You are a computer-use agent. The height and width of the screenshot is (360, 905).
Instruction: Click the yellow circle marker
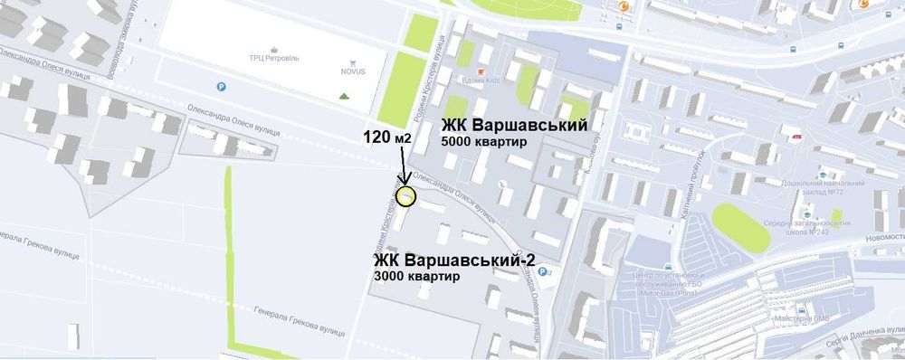point(406,196)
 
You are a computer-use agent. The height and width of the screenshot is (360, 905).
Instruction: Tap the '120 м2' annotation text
point(387,139)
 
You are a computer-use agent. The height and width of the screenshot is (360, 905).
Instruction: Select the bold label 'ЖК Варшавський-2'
point(455,261)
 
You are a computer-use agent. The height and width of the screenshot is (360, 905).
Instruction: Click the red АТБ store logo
point(797,137)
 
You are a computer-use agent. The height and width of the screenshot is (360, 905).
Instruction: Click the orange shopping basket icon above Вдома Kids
point(481,70)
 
